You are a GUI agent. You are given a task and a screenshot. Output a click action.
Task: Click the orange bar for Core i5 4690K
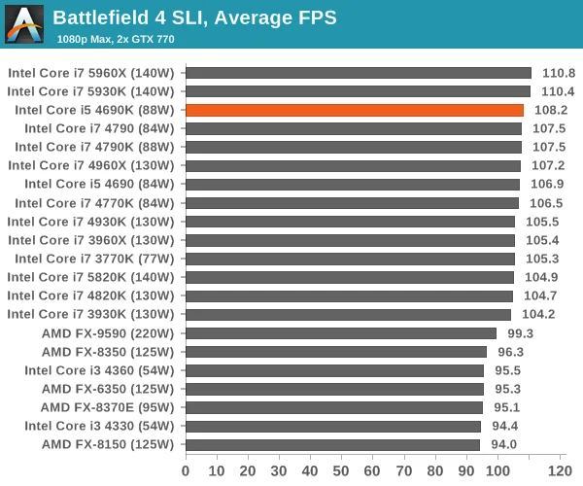point(355,110)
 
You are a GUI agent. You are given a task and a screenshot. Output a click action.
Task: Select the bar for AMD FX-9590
point(341,333)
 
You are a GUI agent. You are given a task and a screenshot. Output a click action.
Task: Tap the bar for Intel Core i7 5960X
point(359,73)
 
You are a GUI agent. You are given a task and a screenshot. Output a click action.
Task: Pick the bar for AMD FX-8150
point(332,445)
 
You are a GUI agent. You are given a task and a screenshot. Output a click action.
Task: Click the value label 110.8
point(559,73)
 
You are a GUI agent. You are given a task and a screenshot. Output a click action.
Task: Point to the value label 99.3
point(521,333)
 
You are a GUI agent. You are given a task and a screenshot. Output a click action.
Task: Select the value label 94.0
point(503,444)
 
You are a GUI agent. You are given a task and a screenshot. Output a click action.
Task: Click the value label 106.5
point(546,203)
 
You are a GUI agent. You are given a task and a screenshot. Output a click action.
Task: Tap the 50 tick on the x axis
point(341,471)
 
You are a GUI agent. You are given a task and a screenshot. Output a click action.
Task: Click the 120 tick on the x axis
point(560,471)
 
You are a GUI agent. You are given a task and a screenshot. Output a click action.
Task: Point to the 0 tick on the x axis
point(186,471)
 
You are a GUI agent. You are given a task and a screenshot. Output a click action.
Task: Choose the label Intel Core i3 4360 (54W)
point(99,370)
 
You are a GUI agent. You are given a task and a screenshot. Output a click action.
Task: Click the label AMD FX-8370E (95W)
point(108,407)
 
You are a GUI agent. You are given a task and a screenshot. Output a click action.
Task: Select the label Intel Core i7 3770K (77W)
point(94,259)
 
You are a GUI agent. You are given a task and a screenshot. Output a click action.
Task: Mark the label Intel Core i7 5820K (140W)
point(90,277)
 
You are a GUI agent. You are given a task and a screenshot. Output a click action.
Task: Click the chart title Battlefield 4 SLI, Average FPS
point(195,17)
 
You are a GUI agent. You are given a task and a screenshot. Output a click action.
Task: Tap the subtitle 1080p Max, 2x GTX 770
point(116,39)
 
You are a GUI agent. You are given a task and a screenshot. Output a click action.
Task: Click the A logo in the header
point(24,24)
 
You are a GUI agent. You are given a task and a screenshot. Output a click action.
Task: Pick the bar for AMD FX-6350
point(334,389)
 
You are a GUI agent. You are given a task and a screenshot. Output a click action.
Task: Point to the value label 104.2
point(538,314)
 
